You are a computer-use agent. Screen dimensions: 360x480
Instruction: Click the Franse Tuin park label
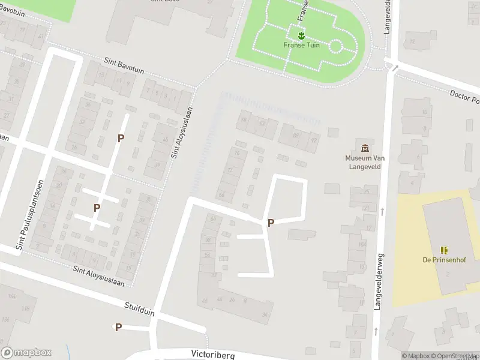click(301, 45)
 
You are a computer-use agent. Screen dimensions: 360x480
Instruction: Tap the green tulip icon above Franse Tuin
click(301, 35)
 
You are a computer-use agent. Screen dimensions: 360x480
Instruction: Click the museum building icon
click(364, 148)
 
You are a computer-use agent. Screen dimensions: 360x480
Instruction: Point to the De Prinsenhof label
click(444, 260)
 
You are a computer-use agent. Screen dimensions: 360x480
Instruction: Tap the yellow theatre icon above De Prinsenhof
click(444, 250)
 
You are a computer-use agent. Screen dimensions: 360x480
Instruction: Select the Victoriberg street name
click(212, 355)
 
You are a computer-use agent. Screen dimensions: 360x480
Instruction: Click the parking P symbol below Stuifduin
click(118, 327)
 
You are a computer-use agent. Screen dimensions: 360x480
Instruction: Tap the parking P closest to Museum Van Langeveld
click(271, 223)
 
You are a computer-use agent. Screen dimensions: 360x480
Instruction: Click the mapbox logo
click(26, 353)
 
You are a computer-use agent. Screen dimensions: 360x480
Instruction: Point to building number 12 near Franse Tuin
click(412, 41)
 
